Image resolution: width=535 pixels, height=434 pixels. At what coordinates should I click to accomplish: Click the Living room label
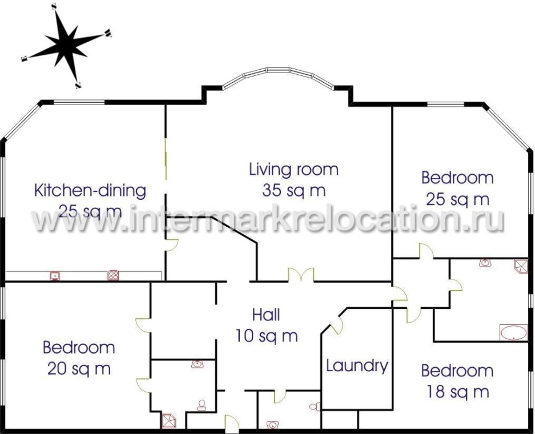[x=294, y=170]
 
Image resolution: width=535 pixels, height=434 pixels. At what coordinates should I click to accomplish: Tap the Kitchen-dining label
[x=90, y=190]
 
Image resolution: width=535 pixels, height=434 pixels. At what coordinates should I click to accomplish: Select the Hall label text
[x=266, y=315]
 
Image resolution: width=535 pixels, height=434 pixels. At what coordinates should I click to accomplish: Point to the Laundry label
[x=357, y=367]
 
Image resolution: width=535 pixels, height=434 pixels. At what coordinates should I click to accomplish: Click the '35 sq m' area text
[x=294, y=191]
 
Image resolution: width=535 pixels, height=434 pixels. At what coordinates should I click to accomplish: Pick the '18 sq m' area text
[x=457, y=392]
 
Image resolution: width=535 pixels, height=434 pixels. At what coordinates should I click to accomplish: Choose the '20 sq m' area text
[x=79, y=368]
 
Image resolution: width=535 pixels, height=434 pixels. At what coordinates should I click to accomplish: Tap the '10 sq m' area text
[x=267, y=336]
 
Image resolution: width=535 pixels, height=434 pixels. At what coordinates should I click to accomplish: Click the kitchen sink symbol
[x=55, y=275]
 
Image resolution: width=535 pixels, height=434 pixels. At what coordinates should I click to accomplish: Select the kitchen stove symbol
[x=113, y=275]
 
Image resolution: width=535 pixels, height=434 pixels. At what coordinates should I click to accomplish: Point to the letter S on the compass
[x=54, y=7]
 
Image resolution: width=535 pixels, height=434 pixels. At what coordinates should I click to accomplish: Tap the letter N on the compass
[x=78, y=86]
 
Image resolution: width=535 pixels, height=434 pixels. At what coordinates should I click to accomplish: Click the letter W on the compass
[x=108, y=33]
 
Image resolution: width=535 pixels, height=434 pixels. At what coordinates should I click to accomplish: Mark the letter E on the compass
[x=24, y=59]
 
